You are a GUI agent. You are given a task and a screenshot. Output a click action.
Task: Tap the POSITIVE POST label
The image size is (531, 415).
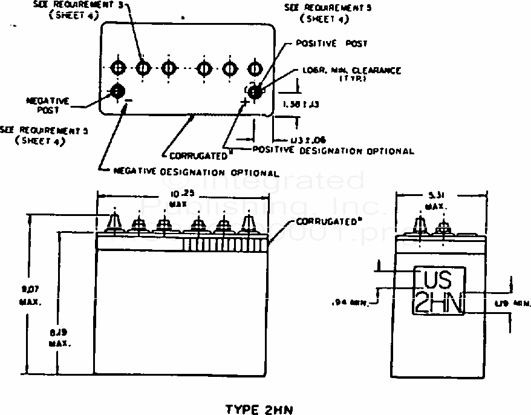click(x=331, y=44)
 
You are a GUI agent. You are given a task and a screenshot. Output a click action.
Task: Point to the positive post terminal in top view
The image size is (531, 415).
click(x=255, y=91)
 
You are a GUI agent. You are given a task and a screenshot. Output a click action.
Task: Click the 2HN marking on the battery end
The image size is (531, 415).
click(x=438, y=302)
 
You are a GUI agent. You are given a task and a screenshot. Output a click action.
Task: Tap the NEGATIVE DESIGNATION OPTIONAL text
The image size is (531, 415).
click(x=196, y=172)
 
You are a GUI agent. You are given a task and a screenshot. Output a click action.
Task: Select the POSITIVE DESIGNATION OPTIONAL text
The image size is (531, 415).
click(x=333, y=151)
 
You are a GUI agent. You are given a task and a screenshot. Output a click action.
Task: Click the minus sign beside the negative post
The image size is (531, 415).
click(x=128, y=100)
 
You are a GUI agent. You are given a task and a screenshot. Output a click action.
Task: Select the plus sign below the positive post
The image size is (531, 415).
click(x=245, y=101)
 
